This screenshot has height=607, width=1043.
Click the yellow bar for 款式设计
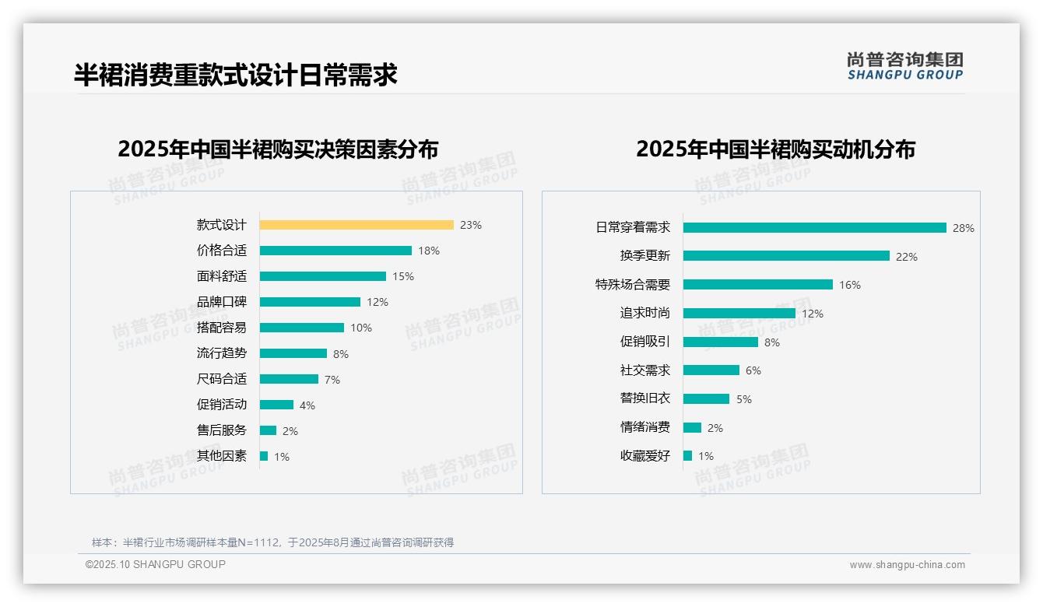click(356, 225)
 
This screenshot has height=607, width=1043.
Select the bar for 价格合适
click(335, 251)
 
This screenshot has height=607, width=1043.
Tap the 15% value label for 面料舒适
click(403, 276)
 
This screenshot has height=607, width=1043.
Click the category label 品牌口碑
click(221, 302)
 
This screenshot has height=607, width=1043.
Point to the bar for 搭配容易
click(302, 328)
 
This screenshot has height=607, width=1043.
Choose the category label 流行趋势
click(221, 353)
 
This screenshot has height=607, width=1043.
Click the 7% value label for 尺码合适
click(332, 380)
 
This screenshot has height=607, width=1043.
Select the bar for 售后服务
click(268, 430)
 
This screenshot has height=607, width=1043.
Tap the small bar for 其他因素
click(264, 456)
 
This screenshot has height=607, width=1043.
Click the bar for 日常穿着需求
click(814, 228)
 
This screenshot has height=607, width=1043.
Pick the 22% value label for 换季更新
click(906, 257)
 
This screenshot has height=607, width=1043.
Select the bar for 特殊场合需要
click(757, 285)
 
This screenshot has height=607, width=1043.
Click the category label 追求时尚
click(644, 313)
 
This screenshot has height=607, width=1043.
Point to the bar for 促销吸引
click(720, 342)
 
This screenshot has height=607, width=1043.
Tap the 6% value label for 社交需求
click(753, 370)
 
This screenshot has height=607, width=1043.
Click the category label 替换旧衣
click(644, 398)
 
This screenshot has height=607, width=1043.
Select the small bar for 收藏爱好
click(687, 456)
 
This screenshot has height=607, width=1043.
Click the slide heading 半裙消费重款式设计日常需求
click(235, 75)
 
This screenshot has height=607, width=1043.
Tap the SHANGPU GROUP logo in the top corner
click(904, 66)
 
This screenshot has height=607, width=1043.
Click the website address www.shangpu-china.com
click(907, 565)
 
